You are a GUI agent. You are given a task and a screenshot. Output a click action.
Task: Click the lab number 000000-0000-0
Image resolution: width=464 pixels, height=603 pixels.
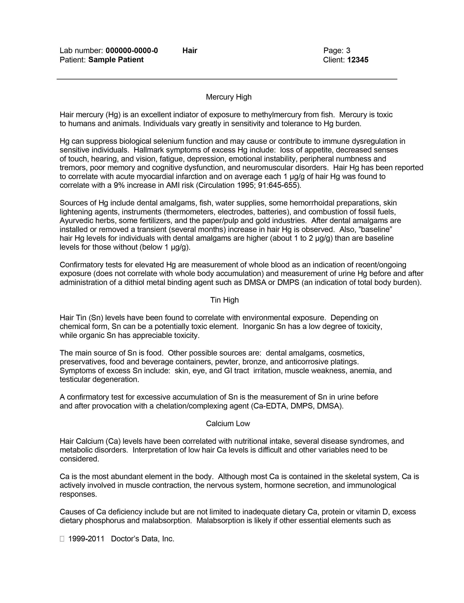[132, 50]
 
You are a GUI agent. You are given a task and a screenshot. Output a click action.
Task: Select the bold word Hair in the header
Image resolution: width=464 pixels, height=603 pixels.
[190, 50]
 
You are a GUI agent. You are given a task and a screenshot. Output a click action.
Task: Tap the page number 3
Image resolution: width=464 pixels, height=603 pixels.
[348, 50]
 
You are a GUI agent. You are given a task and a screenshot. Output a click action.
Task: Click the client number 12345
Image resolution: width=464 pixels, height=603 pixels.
[358, 60]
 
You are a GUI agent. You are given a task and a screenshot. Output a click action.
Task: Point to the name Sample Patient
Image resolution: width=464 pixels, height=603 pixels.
[116, 60]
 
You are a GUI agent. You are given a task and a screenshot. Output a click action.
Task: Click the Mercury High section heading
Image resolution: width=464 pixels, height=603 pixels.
[229, 97]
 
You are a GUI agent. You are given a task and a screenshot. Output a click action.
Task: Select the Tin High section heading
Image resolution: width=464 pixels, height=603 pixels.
[224, 300]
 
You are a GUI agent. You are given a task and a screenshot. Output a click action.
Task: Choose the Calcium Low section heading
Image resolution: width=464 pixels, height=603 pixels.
[228, 424]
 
